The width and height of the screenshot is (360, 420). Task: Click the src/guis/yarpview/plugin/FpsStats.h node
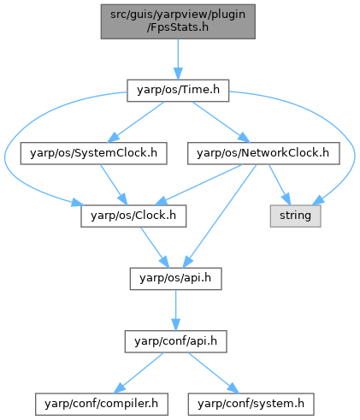tap(178, 21)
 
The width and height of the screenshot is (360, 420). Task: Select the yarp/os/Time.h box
tap(178, 91)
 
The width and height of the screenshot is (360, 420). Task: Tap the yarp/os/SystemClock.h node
tap(93, 153)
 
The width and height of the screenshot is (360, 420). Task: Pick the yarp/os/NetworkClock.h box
tap(263, 153)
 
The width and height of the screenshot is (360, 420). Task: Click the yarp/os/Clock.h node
tap(133, 216)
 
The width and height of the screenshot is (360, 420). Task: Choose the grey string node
tap(295, 216)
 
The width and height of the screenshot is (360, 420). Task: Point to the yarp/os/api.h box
tap(175, 279)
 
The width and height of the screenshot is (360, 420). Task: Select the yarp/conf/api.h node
tap(175, 341)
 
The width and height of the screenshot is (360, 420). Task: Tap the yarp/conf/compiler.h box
tap(102, 404)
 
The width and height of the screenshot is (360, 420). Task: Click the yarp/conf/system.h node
tap(251, 404)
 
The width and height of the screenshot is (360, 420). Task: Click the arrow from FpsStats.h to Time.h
tap(178, 59)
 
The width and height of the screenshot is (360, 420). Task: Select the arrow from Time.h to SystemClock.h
tap(136, 122)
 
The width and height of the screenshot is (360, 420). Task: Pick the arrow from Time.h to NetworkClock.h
tap(221, 122)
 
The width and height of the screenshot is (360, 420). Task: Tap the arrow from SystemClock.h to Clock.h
tap(114, 185)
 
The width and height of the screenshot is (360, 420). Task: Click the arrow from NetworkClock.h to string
tap(280, 185)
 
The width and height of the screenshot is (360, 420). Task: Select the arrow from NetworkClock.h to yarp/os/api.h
tap(221, 216)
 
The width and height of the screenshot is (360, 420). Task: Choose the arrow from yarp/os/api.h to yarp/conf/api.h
tap(175, 311)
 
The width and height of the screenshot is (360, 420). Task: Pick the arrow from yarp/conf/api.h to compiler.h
tap(139, 373)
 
